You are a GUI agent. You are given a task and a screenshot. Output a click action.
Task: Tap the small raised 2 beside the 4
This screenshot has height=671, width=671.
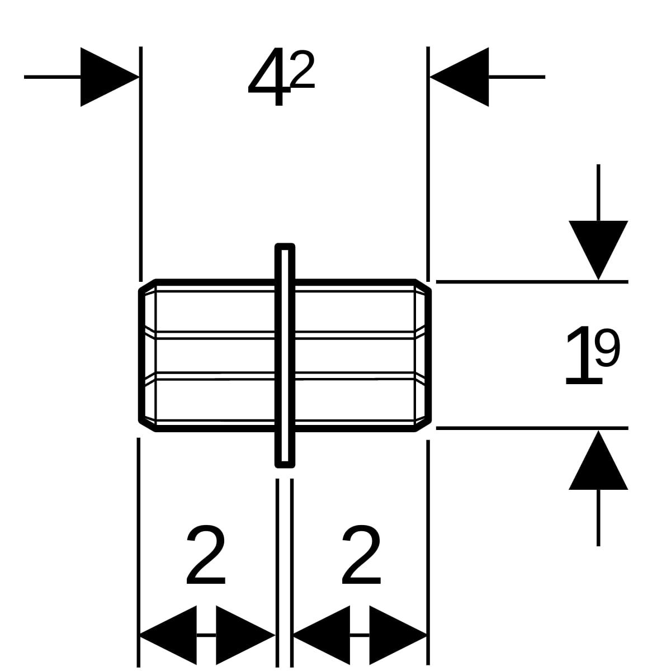(x=303, y=70)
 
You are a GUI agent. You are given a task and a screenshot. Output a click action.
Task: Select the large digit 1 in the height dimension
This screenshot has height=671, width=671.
(x=582, y=356)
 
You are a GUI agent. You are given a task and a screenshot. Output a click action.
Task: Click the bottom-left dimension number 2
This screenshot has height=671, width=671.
(x=206, y=555)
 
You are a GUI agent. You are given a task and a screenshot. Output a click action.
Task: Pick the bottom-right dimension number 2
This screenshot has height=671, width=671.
(x=361, y=555)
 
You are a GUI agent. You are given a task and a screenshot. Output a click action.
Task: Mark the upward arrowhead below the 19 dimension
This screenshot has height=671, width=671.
(x=598, y=461)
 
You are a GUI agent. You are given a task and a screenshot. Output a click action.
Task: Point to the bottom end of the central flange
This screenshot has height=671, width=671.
(x=285, y=462)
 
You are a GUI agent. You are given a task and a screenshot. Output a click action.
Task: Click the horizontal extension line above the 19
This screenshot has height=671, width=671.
(x=531, y=282)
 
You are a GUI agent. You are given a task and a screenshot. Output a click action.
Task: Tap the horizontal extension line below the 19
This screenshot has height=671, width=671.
(x=531, y=428)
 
